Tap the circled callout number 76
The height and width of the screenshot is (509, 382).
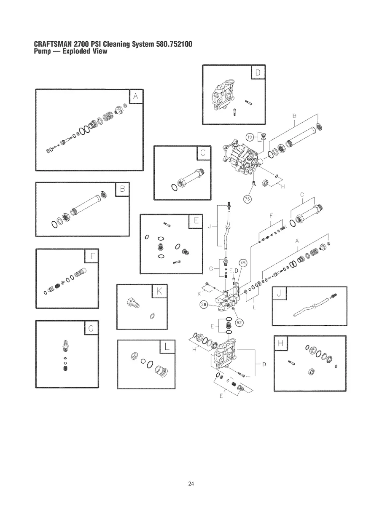pyautogui.click(x=247, y=200)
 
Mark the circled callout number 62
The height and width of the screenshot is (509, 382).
pyautogui.click(x=239, y=323)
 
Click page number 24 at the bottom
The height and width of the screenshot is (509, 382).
pyautogui.click(x=191, y=483)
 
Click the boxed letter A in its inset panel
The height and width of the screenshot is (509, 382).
pyautogui.click(x=135, y=97)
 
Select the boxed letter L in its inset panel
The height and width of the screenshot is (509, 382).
pyautogui.click(x=167, y=347)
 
